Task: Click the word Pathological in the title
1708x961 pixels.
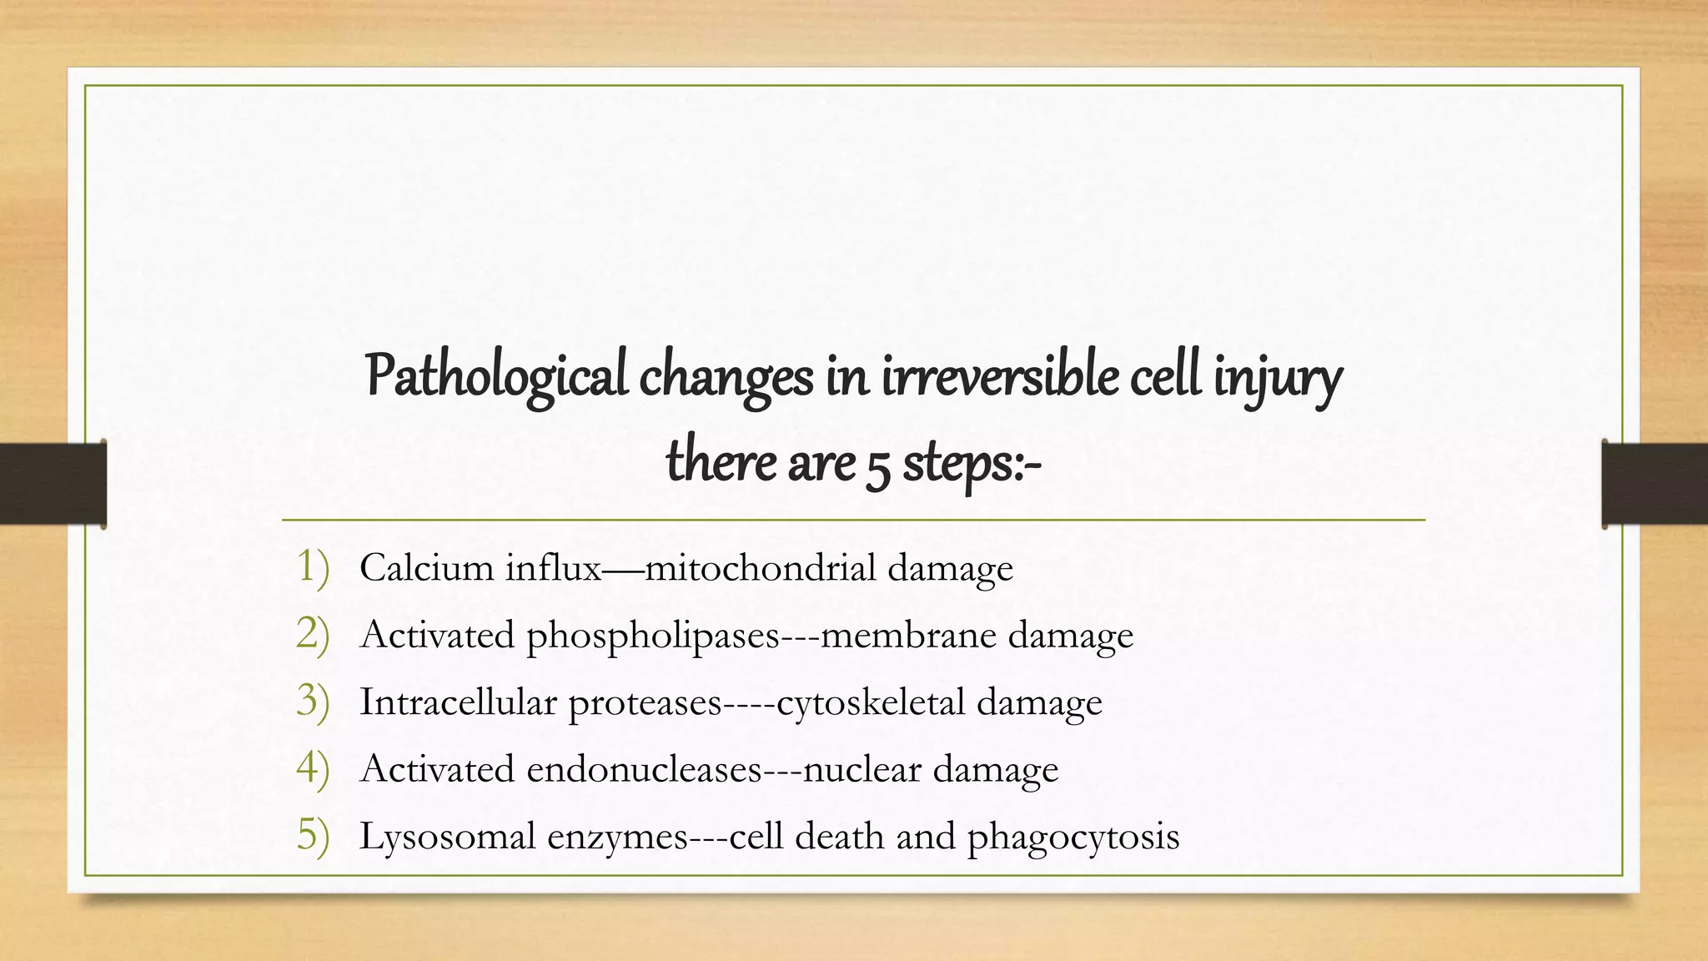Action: (x=496, y=377)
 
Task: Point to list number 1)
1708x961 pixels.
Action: (x=313, y=567)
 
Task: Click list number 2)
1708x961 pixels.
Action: (x=313, y=634)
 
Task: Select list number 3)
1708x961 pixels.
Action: (x=313, y=702)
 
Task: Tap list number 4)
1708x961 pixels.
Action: (x=313, y=768)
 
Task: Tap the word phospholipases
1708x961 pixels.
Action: (x=653, y=636)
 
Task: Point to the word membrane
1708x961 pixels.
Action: (x=908, y=636)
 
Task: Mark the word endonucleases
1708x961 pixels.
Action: (x=644, y=769)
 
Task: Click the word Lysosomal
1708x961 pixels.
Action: (x=447, y=837)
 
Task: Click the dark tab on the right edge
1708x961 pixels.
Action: (x=1655, y=484)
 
